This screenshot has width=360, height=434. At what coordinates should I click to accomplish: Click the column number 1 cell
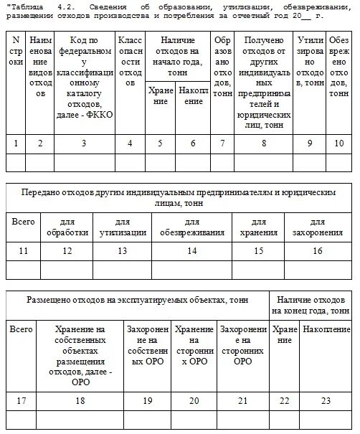16,143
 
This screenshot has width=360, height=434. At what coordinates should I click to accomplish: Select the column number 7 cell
223,143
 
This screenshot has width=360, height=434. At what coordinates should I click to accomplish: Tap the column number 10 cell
338,143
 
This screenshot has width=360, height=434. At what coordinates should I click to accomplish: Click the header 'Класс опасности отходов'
129,62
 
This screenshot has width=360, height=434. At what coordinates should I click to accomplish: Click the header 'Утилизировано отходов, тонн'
310,62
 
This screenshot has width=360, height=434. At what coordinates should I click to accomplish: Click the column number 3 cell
84,143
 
